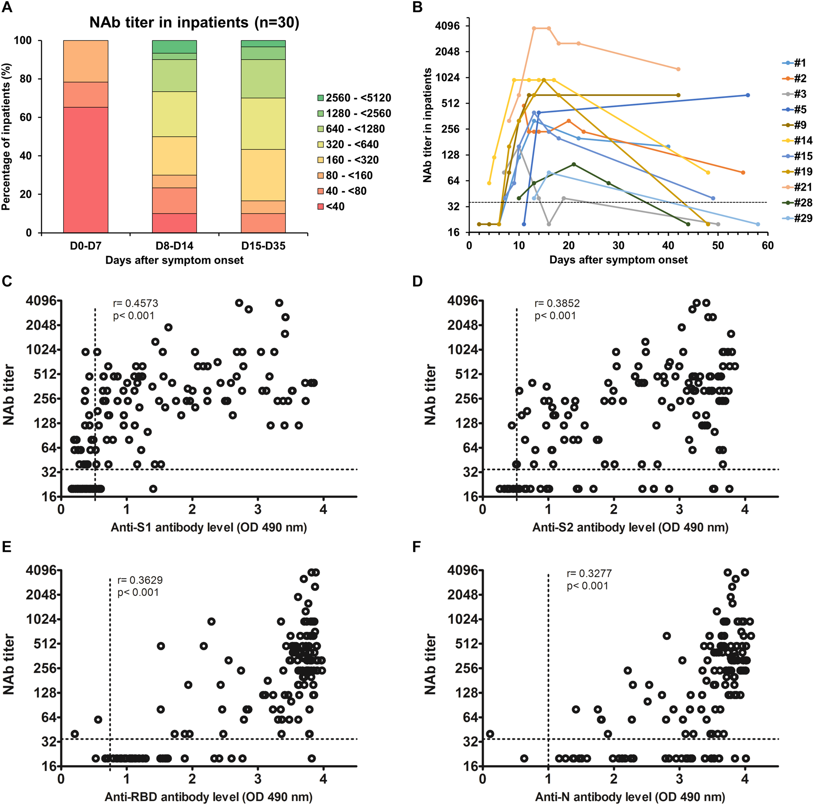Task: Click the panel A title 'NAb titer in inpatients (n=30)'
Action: click(x=194, y=22)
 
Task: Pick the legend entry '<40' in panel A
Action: click(x=335, y=206)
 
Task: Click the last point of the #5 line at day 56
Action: click(x=748, y=95)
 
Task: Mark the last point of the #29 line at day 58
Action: click(x=758, y=224)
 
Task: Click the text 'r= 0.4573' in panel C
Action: click(x=136, y=303)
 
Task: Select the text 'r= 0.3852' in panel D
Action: click(x=557, y=303)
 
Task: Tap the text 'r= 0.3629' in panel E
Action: click(x=140, y=580)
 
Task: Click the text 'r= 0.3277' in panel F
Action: click(x=589, y=573)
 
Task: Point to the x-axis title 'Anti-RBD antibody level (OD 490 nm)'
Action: click(x=209, y=797)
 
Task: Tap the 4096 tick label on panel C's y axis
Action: click(x=41, y=301)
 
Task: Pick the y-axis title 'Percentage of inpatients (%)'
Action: click(x=6, y=136)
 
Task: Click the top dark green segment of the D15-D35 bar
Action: click(x=263, y=43)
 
